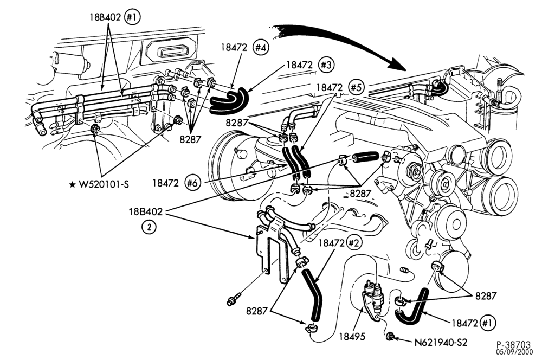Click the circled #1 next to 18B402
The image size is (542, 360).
[132, 17]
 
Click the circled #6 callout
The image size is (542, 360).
[193, 183]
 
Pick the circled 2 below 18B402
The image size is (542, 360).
[149, 227]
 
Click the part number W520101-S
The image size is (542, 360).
[104, 184]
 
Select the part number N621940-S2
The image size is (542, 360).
[441, 342]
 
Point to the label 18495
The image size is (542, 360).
[352, 337]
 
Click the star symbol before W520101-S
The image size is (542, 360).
[72, 185]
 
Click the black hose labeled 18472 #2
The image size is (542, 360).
[314, 295]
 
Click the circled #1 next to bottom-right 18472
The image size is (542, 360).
[488, 323]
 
